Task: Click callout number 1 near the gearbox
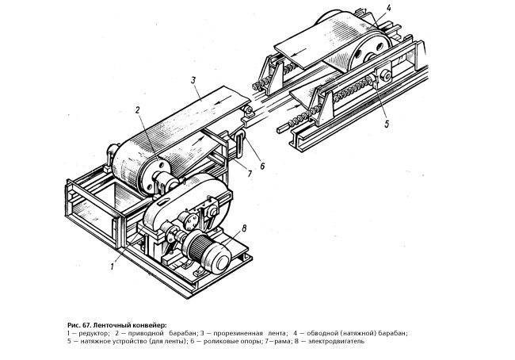113,266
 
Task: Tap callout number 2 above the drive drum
138,109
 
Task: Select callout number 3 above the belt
193,80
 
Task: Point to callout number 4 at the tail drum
389,8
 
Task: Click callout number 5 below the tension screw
387,124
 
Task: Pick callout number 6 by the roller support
262,167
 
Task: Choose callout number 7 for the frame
250,174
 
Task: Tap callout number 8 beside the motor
244,228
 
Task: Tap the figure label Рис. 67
78,325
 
